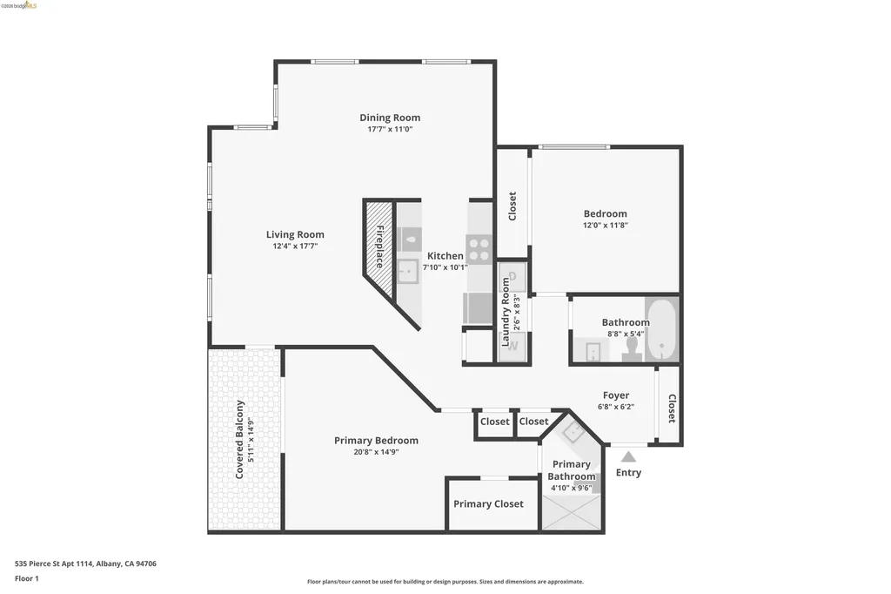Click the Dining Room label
tap(390, 118)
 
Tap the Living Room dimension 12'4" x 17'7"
tap(295, 246)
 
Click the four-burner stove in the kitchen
tap(479, 248)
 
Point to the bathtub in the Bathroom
tap(662, 330)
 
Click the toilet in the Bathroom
tap(633, 348)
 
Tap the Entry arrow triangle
tap(628, 456)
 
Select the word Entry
tap(628, 473)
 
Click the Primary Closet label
tap(488, 504)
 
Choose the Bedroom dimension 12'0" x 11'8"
tap(605, 226)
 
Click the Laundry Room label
tap(505, 312)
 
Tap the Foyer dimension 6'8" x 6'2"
tap(616, 407)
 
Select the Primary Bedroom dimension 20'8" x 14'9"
tap(376, 452)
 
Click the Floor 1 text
tap(27, 578)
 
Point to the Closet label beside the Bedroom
tap(512, 206)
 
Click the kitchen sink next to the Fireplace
tap(407, 272)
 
